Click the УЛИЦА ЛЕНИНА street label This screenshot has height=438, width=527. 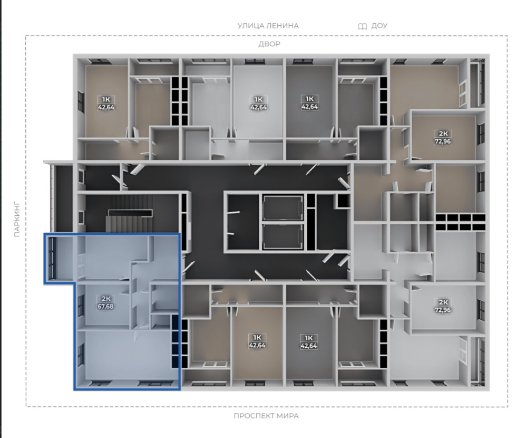click(x=268, y=25)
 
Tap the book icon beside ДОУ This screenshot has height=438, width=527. click(x=363, y=26)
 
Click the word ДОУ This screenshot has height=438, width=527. click(x=379, y=25)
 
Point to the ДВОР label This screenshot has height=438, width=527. click(x=269, y=44)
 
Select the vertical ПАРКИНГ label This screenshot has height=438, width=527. click(x=17, y=220)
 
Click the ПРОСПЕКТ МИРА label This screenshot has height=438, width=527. click(x=266, y=416)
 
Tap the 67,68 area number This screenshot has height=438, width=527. click(x=105, y=307)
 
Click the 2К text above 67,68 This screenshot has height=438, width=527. click(x=106, y=299)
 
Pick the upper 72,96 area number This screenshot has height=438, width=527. click(x=443, y=141)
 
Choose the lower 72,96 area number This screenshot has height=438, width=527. click(x=443, y=310)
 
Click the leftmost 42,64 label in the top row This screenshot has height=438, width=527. click(x=106, y=108)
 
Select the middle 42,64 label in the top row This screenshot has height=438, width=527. click(x=258, y=108)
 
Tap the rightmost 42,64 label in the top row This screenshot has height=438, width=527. click(x=309, y=107)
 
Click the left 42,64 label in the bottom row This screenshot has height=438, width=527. click(x=258, y=345)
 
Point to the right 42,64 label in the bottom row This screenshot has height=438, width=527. click(x=309, y=346)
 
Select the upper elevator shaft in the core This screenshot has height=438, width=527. click(x=282, y=208)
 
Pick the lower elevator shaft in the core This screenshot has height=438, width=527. click(x=282, y=236)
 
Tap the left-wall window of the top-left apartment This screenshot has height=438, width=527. click(x=81, y=102)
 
